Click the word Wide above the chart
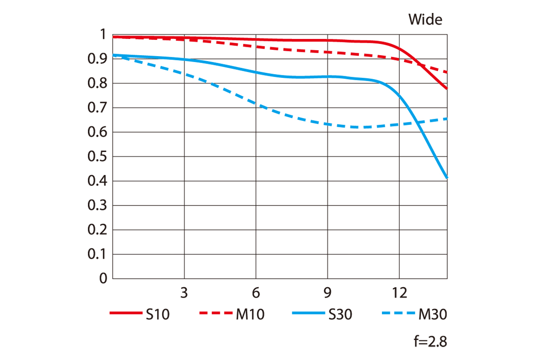pyautogui.click(x=425, y=19)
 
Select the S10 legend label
pyautogui.click(x=157, y=314)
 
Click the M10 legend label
pyautogui.click(x=249, y=314)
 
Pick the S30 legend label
pyautogui.click(x=340, y=314)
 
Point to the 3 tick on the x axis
pyautogui.click(x=184, y=293)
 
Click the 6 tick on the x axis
pyautogui.click(x=256, y=293)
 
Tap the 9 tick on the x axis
pyautogui.click(x=327, y=293)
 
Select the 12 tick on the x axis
pyautogui.click(x=399, y=293)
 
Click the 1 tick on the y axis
pyautogui.click(x=103, y=35)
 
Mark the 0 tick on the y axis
pyautogui.click(x=103, y=279)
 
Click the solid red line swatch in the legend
pyautogui.click(x=126, y=313)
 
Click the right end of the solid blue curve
pyautogui.click(x=447, y=177)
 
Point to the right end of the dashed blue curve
pyautogui.click(x=447, y=118)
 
